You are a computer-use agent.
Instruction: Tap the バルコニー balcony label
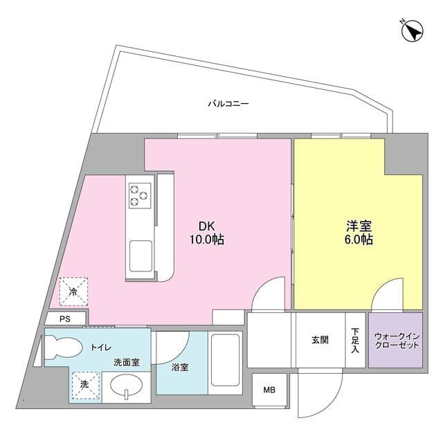[228, 104]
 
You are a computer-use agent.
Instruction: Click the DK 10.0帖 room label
[207, 233]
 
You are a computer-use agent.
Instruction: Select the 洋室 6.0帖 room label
[359, 233]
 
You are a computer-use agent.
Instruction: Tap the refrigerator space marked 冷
[73, 292]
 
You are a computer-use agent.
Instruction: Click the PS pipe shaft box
[65, 319]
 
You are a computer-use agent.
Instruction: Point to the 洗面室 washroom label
[127, 362]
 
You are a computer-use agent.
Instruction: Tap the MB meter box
[268, 390]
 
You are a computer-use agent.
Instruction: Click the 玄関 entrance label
[320, 341]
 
